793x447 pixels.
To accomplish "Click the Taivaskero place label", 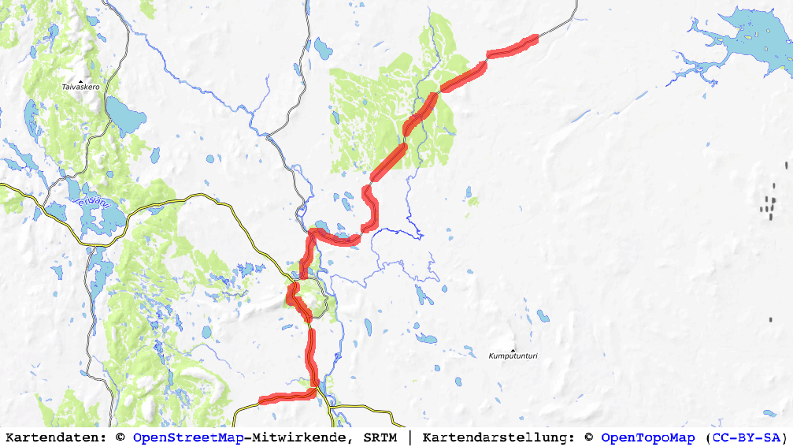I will click(x=80, y=87).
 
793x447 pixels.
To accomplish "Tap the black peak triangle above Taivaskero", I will click(x=80, y=80).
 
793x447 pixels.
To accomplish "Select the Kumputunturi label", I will click(x=513, y=356).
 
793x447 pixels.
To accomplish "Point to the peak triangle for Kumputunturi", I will click(x=513, y=350).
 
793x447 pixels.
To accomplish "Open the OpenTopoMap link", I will click(x=648, y=437).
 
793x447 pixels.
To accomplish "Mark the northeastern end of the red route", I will click(x=535, y=37).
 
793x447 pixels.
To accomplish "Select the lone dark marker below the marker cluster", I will click(x=770, y=320).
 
